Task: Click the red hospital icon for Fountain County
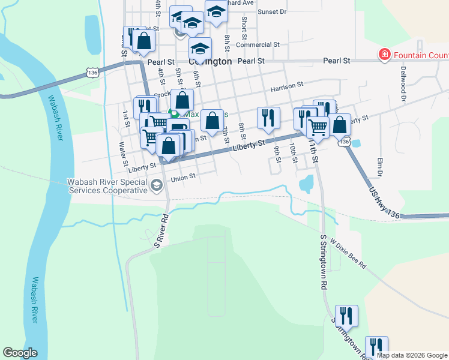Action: click(384, 56)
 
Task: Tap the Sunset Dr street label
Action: click(272, 11)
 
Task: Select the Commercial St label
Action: click(258, 44)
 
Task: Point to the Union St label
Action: click(183, 177)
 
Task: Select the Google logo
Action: click(20, 353)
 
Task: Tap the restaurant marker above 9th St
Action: click(268, 118)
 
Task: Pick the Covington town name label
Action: click(211, 61)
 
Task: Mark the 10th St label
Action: click(293, 152)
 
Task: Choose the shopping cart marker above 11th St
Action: click(318, 126)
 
